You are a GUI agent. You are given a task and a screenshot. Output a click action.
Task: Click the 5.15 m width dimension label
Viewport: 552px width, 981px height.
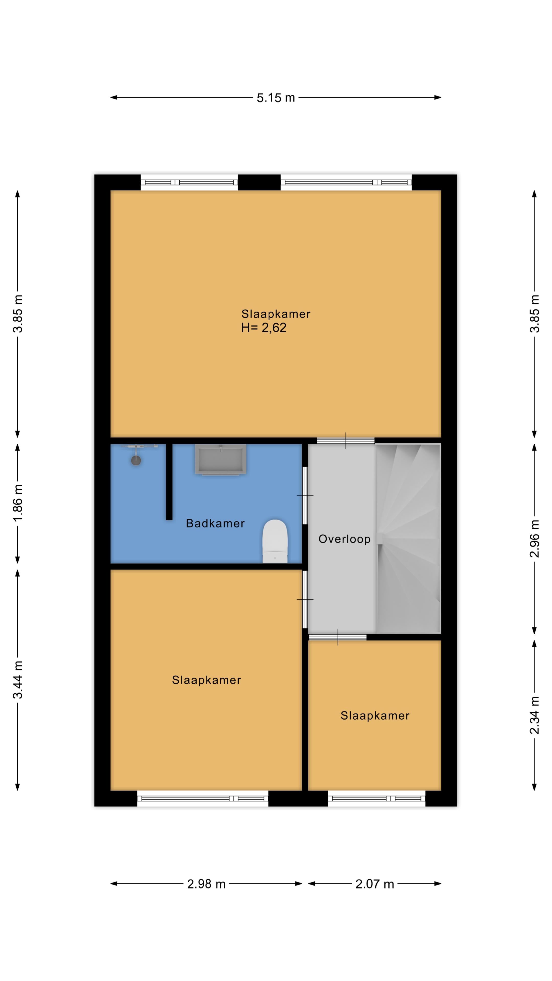(275, 98)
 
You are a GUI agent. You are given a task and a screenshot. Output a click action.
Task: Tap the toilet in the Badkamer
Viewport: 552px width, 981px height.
(275, 541)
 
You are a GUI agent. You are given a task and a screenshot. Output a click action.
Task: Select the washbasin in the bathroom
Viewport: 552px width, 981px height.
(221, 459)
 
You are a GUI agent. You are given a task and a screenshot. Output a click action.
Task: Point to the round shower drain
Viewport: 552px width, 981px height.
(136, 460)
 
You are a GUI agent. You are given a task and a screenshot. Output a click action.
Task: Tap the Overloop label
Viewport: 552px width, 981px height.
(344, 539)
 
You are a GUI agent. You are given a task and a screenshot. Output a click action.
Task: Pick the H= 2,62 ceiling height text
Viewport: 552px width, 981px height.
(264, 328)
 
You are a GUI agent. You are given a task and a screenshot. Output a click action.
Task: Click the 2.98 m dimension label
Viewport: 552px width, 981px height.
(206, 884)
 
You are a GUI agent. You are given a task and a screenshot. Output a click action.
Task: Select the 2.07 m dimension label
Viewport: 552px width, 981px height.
(374, 884)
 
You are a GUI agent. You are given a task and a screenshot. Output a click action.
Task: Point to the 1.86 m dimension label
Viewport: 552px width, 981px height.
(18, 503)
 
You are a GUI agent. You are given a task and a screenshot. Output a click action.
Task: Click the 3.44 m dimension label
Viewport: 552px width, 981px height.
(18, 680)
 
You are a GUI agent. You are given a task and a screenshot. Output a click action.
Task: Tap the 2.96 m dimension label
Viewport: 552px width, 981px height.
(534, 539)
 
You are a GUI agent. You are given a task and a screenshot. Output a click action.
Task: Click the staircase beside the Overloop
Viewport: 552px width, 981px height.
(408, 539)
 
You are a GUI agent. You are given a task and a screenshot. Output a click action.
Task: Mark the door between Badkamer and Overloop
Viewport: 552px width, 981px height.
(305, 495)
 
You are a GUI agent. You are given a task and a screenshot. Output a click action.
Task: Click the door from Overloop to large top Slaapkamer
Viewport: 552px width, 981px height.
(346, 441)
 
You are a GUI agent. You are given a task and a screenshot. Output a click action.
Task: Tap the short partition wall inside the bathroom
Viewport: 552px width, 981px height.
(169, 482)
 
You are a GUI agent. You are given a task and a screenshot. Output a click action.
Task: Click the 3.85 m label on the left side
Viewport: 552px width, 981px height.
(18, 314)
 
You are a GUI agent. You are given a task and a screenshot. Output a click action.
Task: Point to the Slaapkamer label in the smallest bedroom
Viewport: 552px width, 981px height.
(375, 716)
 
